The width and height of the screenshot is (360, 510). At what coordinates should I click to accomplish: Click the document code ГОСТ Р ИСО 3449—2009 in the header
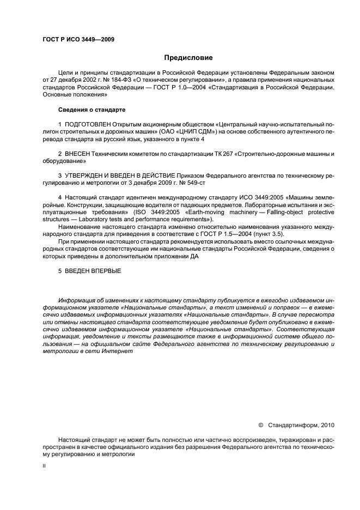[78, 39]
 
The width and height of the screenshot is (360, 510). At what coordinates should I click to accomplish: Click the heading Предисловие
[188, 57]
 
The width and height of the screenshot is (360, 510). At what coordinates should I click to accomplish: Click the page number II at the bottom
[44, 466]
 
